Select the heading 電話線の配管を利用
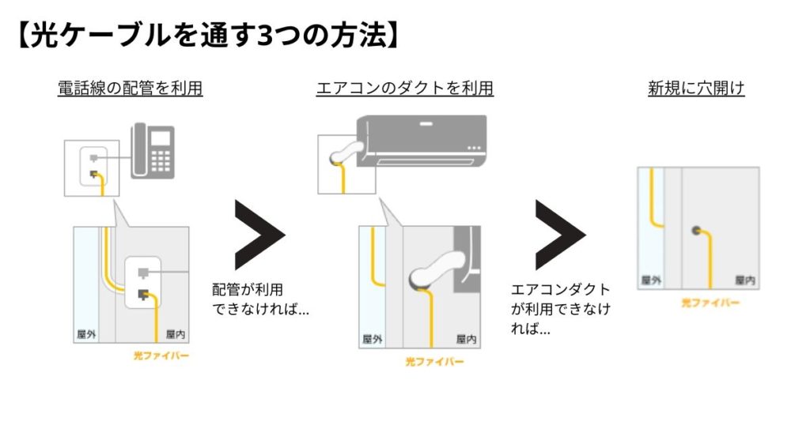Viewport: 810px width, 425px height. pos(131,88)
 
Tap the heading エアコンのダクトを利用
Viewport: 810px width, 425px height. pos(405,88)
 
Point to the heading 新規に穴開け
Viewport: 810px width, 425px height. pos(696,88)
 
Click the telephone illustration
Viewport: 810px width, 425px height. pos(153,151)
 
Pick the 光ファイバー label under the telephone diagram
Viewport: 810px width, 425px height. pos(161,356)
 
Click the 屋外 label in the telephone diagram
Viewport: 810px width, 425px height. pos(87,333)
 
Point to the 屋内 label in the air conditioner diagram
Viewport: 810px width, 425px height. pos(467,340)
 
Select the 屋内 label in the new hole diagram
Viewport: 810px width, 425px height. pos(745,280)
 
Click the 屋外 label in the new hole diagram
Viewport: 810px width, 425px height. pos(651,280)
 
